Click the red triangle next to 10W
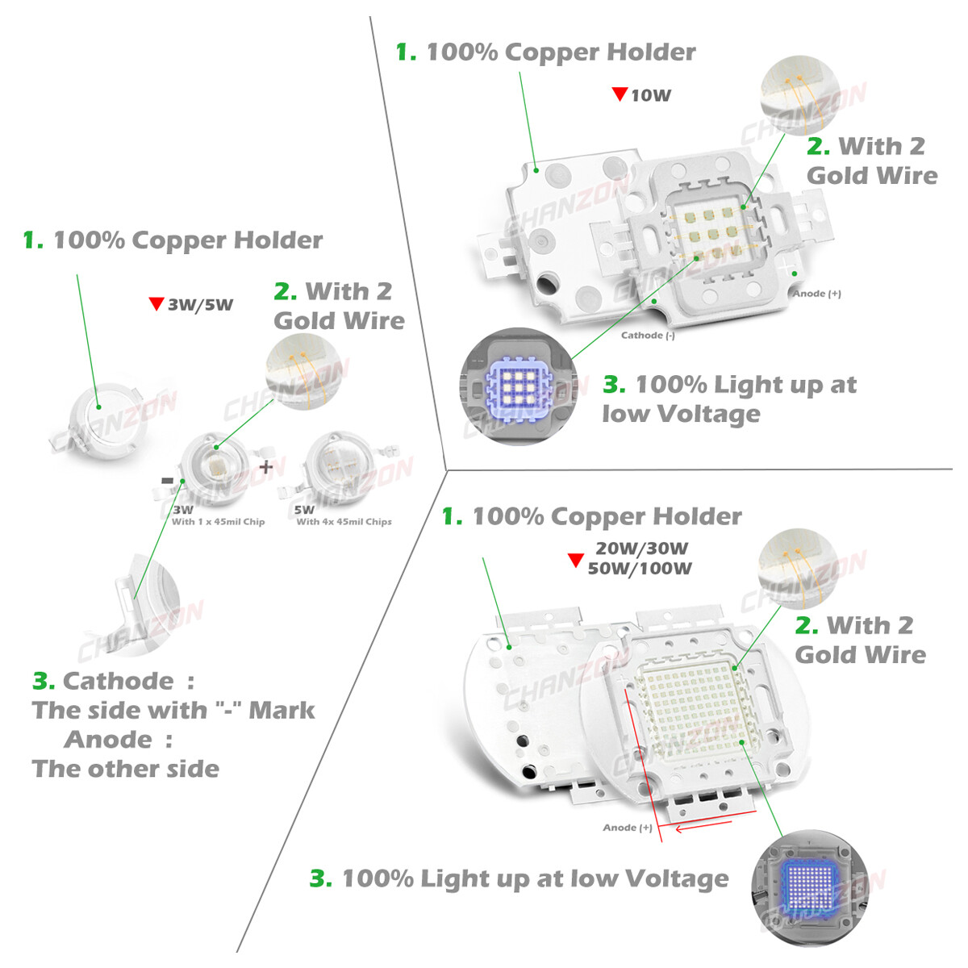[620, 94]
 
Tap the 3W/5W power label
[200, 305]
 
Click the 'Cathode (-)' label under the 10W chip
[648, 335]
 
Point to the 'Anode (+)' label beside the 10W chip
[816, 294]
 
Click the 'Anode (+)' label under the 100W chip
[628, 828]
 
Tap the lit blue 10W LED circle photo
[518, 386]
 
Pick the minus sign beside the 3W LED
[167, 481]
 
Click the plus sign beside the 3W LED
[266, 467]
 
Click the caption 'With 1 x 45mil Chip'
[218, 522]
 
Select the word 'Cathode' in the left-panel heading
[118, 681]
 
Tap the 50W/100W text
[640, 569]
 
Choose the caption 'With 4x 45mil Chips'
[344, 522]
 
